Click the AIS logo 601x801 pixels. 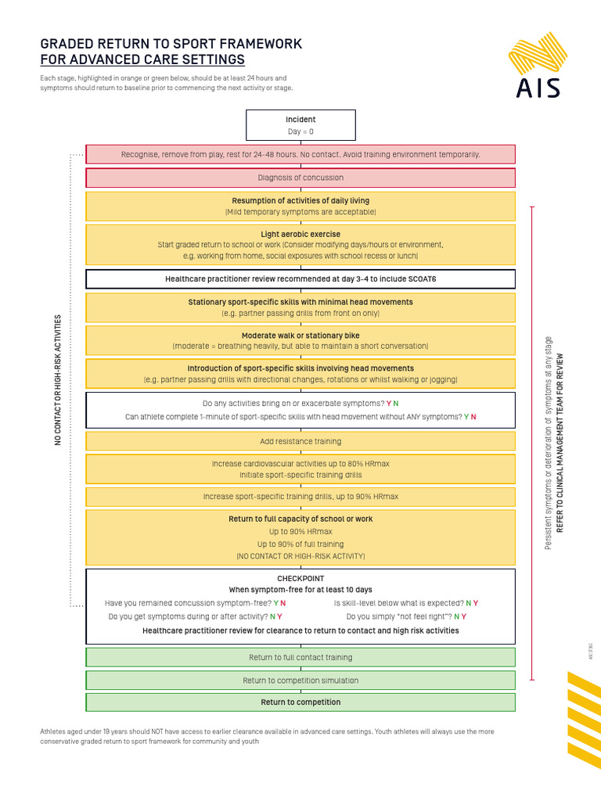[538, 68]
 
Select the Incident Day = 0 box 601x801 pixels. [300, 125]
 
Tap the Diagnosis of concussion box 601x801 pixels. [300, 178]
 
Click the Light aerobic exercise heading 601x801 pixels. [300, 234]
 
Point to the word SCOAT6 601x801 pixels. [420, 278]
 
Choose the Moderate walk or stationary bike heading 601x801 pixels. [300, 336]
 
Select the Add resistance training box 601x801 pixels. [300, 441]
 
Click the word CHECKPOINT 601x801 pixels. [300, 578]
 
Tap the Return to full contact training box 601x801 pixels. [300, 657]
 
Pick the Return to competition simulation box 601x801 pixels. [300, 680]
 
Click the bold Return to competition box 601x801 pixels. [300, 702]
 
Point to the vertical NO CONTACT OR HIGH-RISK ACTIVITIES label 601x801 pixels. [57, 380]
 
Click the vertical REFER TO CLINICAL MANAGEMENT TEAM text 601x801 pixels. [559, 445]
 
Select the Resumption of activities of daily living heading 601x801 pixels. [300, 201]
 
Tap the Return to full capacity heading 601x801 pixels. [300, 519]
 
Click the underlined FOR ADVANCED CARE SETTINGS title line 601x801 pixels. [142, 60]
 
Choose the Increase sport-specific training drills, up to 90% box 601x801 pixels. [300, 496]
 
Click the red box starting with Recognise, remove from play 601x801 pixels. [300, 154]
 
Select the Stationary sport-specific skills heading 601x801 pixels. [300, 302]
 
